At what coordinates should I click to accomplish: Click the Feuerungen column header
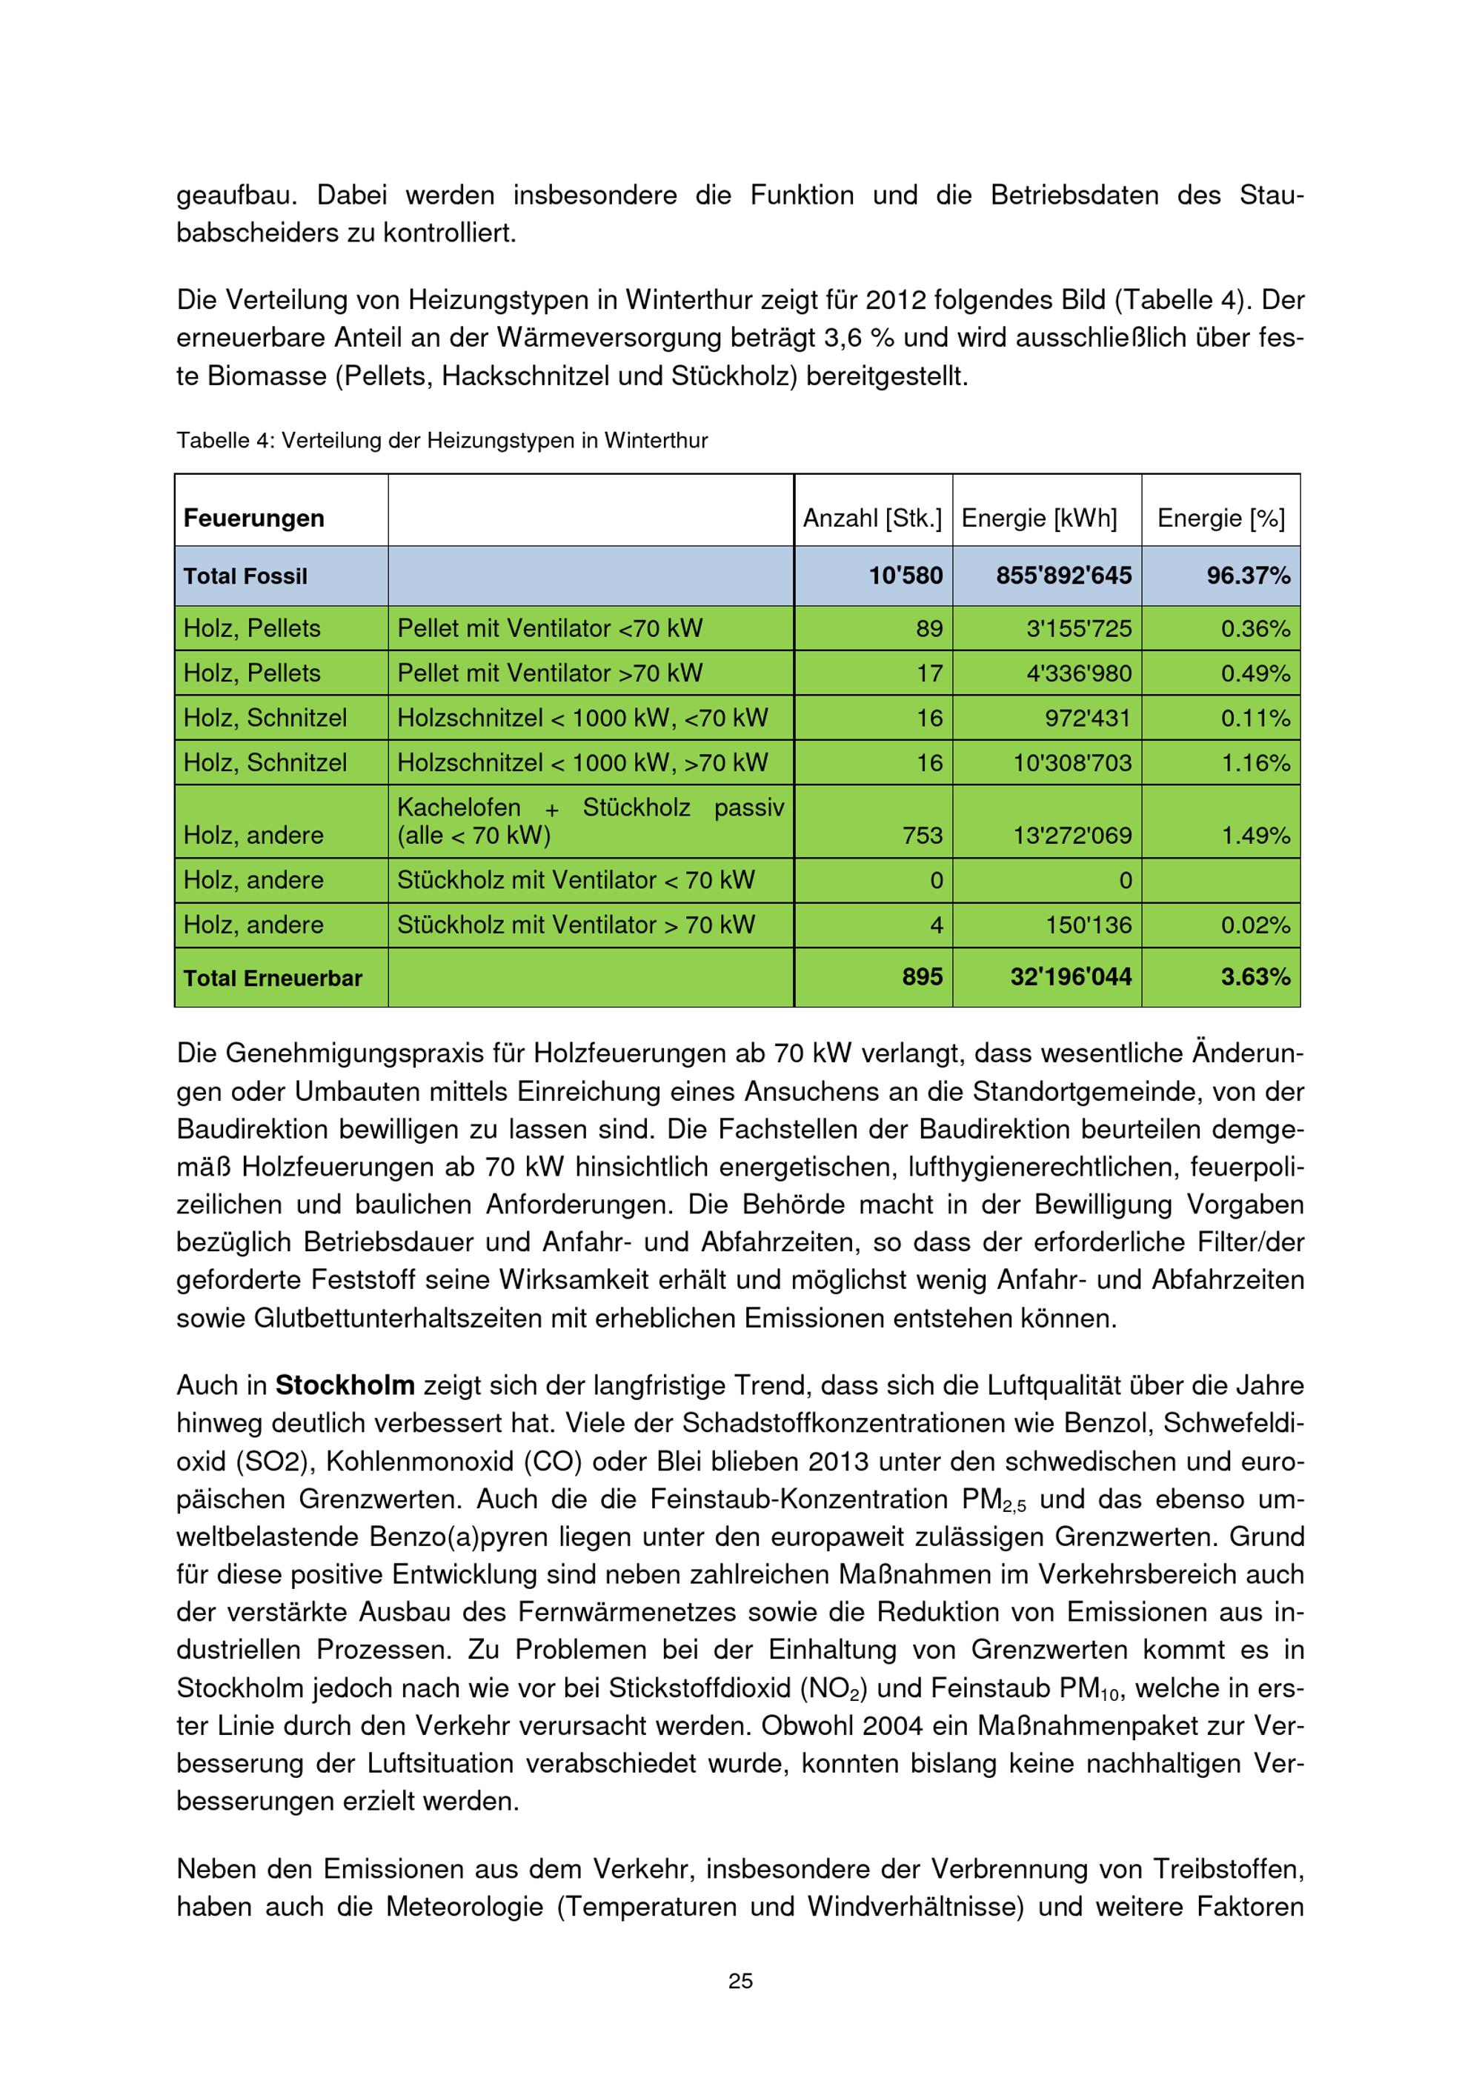(x=253, y=519)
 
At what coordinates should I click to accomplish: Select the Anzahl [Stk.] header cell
(x=871, y=519)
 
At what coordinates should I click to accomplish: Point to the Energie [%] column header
(x=1220, y=519)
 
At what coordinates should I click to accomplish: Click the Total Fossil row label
(x=245, y=576)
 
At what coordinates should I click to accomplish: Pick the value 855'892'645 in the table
(x=1063, y=576)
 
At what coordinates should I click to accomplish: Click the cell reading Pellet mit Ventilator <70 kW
(x=549, y=629)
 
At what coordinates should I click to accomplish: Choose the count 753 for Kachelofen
(x=922, y=835)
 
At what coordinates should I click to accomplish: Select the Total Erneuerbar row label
(x=273, y=978)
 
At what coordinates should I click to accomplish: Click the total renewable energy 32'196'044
(x=1071, y=977)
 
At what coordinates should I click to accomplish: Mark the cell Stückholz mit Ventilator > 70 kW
(x=576, y=925)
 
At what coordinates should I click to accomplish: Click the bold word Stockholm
(x=345, y=1385)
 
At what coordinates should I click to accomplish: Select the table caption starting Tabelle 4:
(x=442, y=441)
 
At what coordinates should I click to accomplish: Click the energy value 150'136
(x=1088, y=925)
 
